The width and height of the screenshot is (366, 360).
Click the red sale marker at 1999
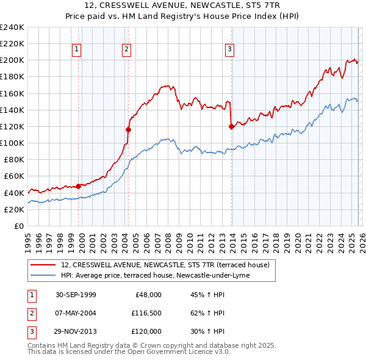pos(79,186)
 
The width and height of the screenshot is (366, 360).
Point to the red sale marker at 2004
pos(128,129)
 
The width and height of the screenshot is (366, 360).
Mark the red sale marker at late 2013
pos(231,126)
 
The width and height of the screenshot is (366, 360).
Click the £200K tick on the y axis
pos(12,60)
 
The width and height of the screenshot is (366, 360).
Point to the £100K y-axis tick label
pos(12,143)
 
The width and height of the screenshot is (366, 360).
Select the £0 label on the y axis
pos(18,226)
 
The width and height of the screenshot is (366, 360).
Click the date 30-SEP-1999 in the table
pos(75,295)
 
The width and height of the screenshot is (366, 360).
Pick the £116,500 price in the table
pos(146,313)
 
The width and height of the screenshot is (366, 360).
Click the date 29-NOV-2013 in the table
pos(75,331)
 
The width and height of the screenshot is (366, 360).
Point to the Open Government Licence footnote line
pos(129,352)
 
